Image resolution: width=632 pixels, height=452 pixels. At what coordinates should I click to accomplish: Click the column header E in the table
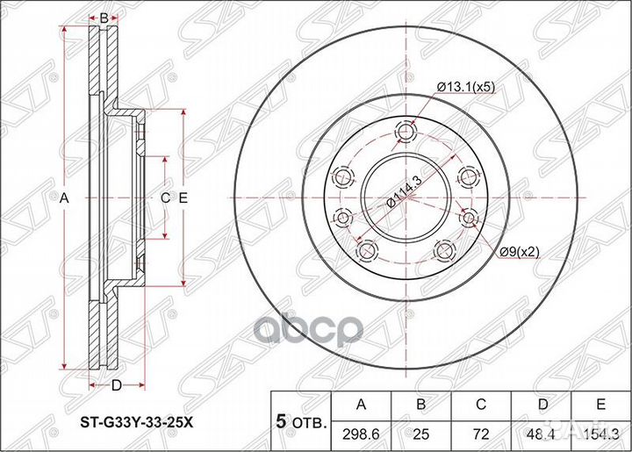point(600,404)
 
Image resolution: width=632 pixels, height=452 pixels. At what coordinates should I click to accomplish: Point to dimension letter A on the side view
point(63,198)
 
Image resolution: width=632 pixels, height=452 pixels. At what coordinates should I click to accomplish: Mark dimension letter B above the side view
point(104,18)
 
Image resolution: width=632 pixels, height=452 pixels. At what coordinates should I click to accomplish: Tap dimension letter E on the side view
point(183,198)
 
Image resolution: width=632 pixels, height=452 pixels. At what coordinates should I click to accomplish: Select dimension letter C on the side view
point(164,198)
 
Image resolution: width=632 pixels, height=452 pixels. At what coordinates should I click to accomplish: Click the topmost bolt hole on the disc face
point(406,133)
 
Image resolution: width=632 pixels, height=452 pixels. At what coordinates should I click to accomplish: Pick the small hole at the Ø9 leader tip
point(467,218)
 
